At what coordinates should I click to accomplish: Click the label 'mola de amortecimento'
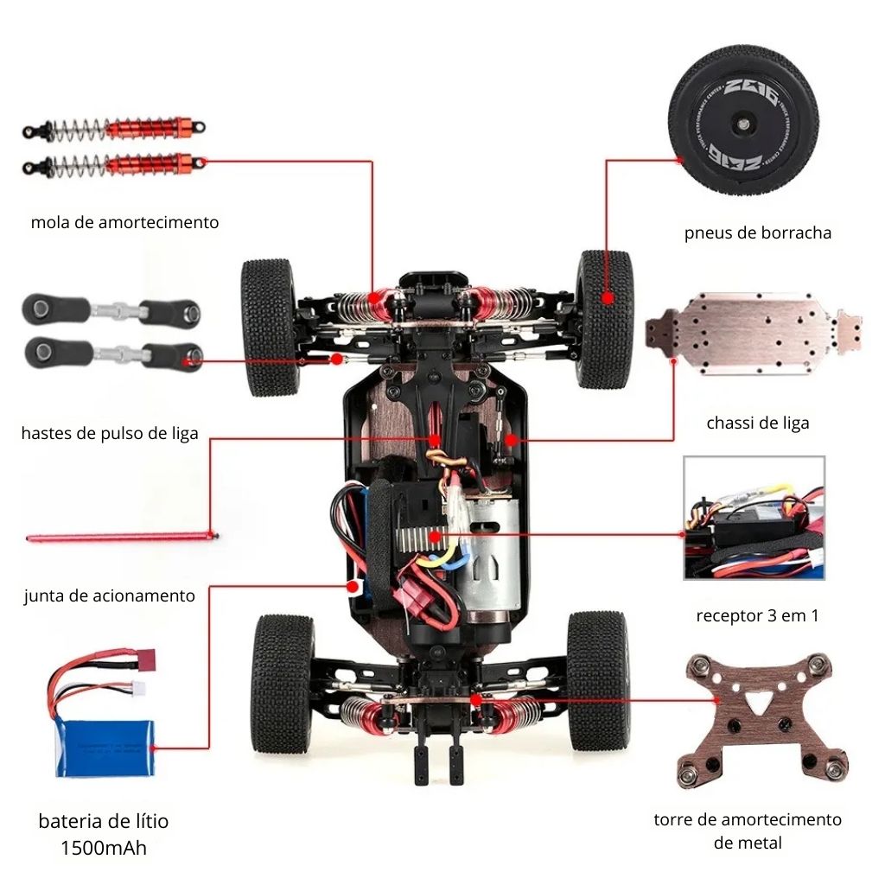click(x=124, y=222)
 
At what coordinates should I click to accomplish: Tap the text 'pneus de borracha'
click(x=757, y=232)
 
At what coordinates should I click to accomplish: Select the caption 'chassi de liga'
click(x=757, y=423)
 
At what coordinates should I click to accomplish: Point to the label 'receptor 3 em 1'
click(x=757, y=616)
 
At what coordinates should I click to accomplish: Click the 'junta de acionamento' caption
click(x=110, y=595)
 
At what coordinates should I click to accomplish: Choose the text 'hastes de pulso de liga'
click(x=110, y=433)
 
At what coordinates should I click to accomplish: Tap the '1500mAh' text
click(x=103, y=848)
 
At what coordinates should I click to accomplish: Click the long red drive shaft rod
click(x=121, y=538)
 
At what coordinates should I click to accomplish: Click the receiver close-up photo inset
click(x=754, y=518)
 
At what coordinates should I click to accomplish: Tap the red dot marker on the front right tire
click(x=608, y=297)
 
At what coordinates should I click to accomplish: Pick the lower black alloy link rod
click(x=112, y=353)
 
